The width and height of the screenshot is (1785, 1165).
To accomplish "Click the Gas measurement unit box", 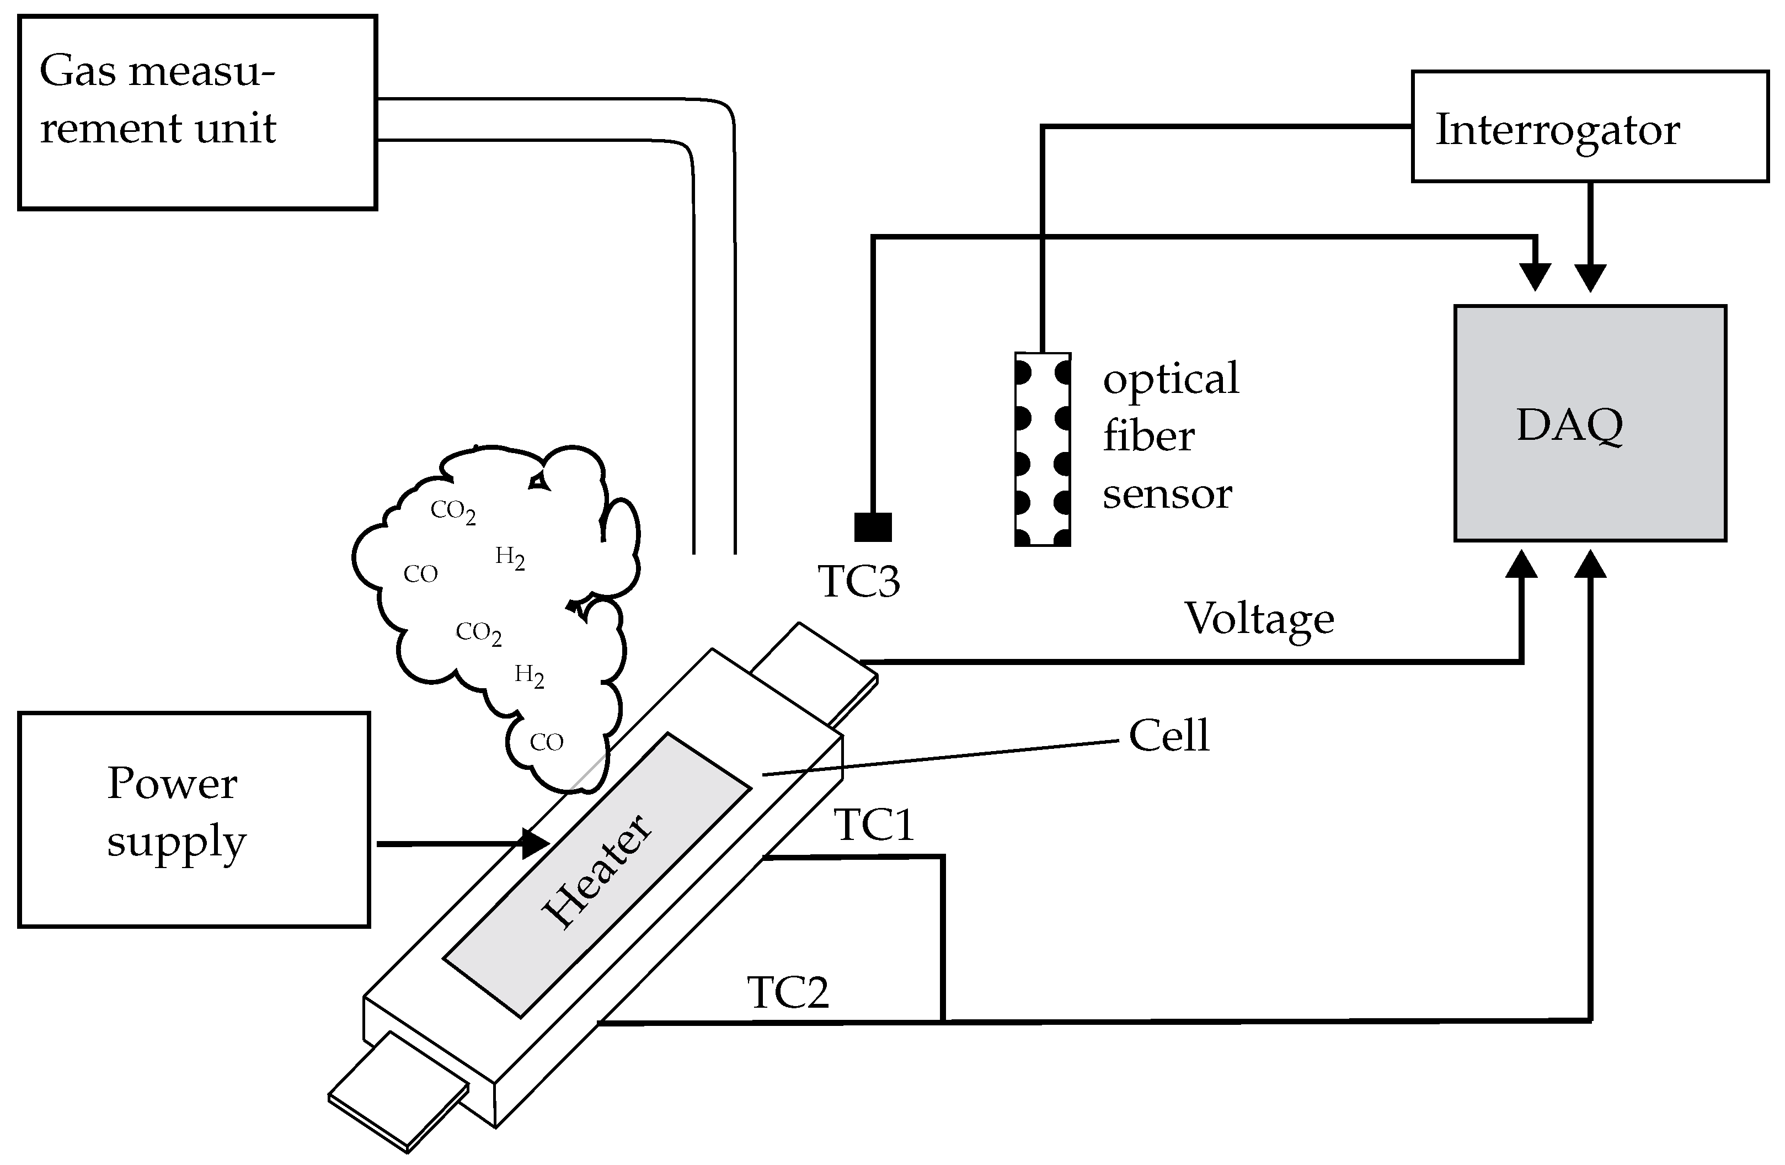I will pos(196,113).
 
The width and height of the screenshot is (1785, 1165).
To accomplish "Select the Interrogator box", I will pos(1589,127).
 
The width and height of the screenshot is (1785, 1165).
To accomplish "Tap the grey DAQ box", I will pos(1590,423).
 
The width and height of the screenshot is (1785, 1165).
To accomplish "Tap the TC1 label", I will pos(874,825).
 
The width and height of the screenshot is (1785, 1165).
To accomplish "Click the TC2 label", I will pos(788,992).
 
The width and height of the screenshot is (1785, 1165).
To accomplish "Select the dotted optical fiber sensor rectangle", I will pos(1042,449).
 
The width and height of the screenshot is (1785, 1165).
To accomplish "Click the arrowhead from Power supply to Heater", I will pos(536,844).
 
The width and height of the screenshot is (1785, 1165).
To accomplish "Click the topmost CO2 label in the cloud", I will pos(453,512).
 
